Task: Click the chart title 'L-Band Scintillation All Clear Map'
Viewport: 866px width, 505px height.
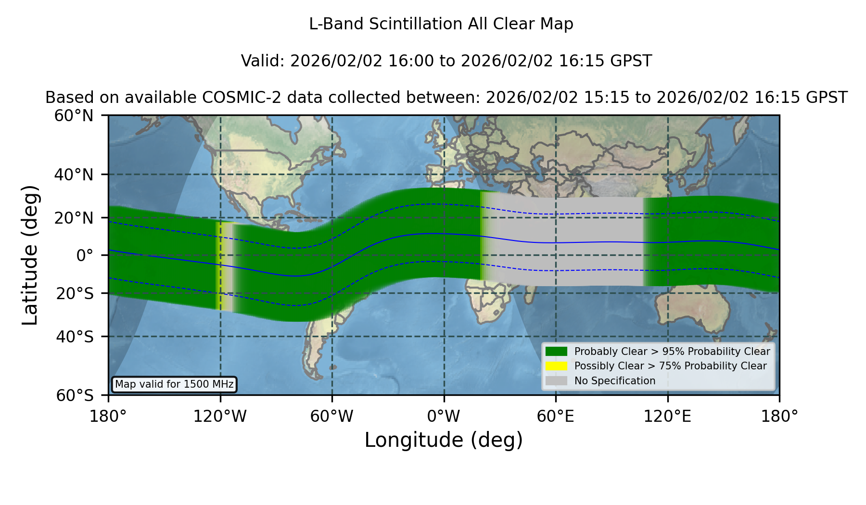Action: (x=441, y=24)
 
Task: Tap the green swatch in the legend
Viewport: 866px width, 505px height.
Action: (x=556, y=352)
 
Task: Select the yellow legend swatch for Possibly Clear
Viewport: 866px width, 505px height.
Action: (x=556, y=366)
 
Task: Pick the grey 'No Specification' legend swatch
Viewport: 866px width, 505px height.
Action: (x=556, y=381)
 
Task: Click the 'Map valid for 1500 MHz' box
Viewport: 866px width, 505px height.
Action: (x=174, y=384)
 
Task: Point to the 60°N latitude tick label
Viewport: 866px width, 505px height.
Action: (x=74, y=115)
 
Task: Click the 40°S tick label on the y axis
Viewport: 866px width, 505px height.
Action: (x=75, y=337)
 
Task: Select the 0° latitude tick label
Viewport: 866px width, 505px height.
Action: (x=85, y=255)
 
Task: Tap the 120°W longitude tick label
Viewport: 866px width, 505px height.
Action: (x=220, y=417)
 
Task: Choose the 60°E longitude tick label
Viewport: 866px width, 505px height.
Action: (x=556, y=417)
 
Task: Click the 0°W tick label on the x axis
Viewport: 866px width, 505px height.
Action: (x=444, y=417)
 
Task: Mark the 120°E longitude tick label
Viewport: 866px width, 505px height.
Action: (x=667, y=417)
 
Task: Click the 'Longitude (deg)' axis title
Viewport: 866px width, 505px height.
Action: (x=444, y=440)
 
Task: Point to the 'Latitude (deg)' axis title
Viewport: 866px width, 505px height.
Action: (x=30, y=255)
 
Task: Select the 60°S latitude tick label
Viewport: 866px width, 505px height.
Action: (x=75, y=395)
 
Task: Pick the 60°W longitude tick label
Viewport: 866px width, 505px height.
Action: (x=332, y=417)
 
